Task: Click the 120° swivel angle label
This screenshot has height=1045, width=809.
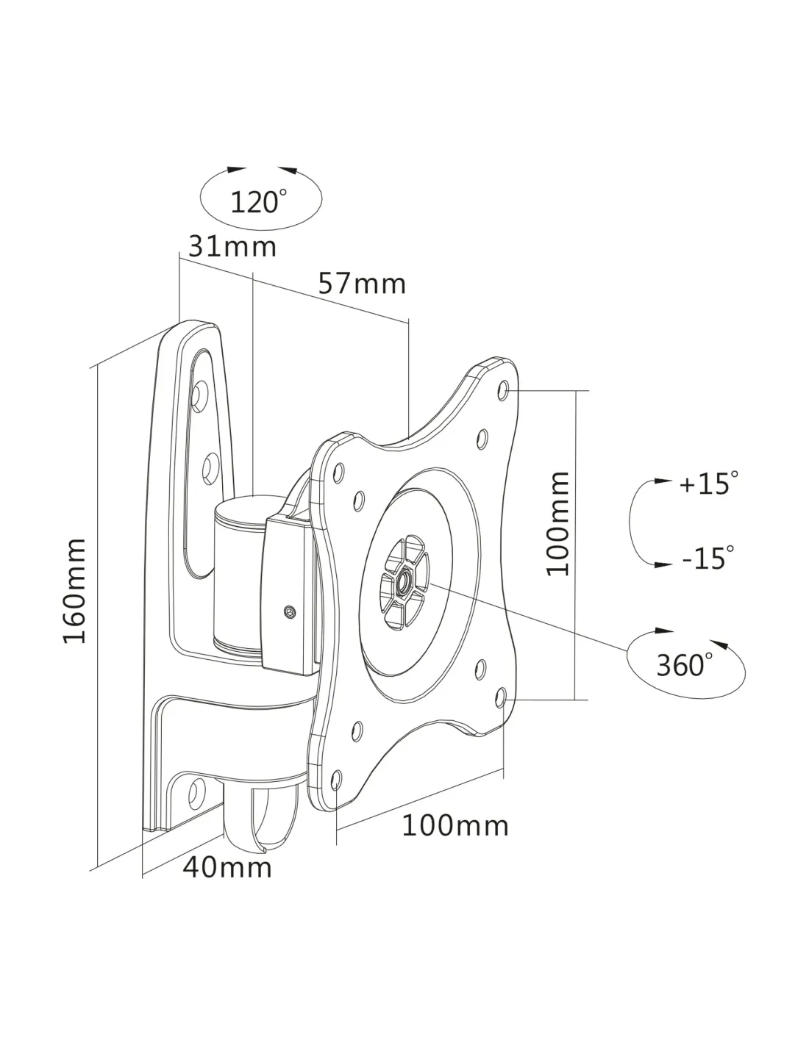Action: coord(258,201)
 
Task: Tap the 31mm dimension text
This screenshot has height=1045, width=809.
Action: coord(232,246)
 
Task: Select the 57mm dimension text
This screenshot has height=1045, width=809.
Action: coord(362,283)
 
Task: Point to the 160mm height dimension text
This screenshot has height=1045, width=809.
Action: coord(75,591)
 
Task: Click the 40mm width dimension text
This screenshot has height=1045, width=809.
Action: coord(227,867)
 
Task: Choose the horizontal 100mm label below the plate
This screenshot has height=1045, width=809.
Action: coord(455,825)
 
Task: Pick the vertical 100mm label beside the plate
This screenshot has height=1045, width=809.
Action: coord(559,524)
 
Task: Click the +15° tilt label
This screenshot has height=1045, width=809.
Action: coord(708,484)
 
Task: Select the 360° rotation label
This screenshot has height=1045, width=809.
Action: coord(684,665)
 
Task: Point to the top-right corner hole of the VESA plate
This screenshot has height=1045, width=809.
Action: coord(505,387)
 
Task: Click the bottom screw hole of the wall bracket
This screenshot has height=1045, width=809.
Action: coord(196,791)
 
